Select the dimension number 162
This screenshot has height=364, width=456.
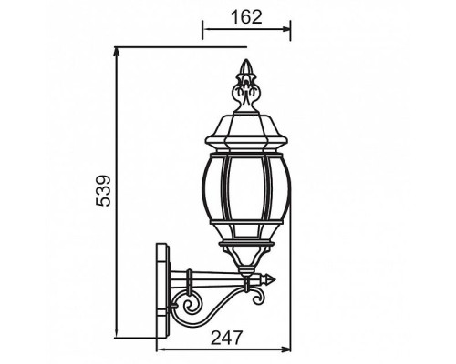[x=244, y=16]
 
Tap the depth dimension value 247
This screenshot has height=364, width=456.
[x=224, y=338]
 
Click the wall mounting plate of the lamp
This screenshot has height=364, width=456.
[x=163, y=284]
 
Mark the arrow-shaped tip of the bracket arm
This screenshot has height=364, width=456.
[x=272, y=278]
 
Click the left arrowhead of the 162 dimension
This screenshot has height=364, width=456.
[x=204, y=29]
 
